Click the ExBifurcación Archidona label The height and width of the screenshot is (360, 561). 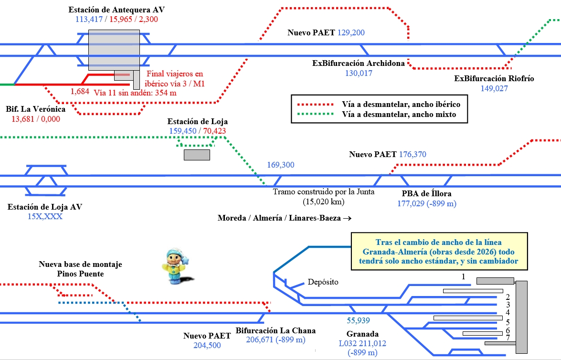click(x=359, y=64)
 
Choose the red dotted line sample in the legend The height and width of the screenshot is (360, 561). click(x=316, y=104)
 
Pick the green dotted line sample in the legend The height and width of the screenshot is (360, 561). click(x=316, y=115)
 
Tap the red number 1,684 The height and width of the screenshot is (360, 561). click(x=80, y=91)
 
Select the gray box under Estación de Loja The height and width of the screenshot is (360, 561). click(x=197, y=155)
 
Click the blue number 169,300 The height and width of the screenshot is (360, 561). click(x=281, y=165)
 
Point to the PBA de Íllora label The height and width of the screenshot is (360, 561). click(x=426, y=194)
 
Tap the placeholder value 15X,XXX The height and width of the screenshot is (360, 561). click(x=45, y=216)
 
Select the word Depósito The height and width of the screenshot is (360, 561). click(x=323, y=282)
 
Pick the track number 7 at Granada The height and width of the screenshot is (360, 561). click(x=508, y=338)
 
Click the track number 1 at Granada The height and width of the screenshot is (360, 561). click(x=463, y=276)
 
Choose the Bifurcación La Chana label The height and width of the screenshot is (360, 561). click(x=275, y=330)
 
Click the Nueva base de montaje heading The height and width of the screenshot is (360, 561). click(x=81, y=265)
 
